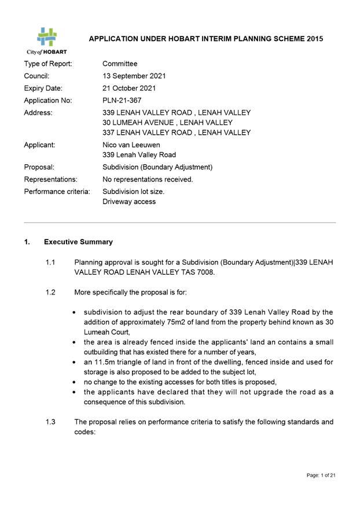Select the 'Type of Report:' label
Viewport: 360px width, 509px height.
(x=48, y=64)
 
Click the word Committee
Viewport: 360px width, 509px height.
(x=120, y=64)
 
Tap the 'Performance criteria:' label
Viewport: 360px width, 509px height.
(x=57, y=191)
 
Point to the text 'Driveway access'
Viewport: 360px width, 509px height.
(x=129, y=202)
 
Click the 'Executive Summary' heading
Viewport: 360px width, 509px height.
(x=79, y=242)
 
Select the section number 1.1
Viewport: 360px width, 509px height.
(x=50, y=263)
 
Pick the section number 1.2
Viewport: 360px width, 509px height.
(x=50, y=292)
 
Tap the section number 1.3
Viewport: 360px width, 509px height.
(x=50, y=422)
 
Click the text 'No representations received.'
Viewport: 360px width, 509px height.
(x=148, y=179)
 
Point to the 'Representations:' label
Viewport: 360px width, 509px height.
(x=51, y=179)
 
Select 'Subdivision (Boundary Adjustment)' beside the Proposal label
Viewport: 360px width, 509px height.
(x=157, y=167)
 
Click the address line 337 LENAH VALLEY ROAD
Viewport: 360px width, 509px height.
(x=177, y=132)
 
